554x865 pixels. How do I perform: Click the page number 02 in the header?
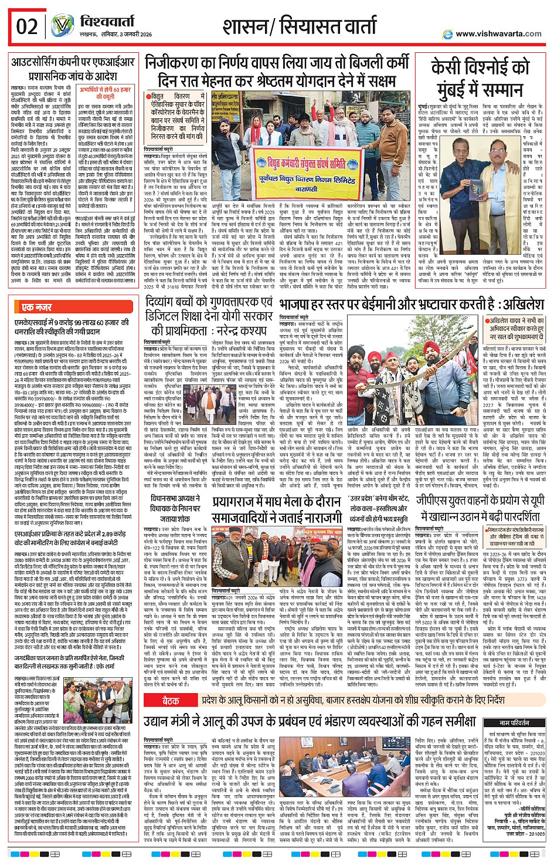click(x=27, y=27)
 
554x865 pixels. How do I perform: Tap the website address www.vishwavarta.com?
click(x=498, y=33)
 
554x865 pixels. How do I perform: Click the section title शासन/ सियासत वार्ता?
click(x=300, y=26)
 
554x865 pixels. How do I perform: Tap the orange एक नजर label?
click(x=36, y=307)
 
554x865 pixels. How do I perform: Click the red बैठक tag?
click(x=171, y=700)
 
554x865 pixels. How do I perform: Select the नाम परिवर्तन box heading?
click(x=514, y=723)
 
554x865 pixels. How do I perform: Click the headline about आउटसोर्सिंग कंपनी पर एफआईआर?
click(x=73, y=68)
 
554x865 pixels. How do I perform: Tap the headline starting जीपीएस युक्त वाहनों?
click(x=480, y=508)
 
